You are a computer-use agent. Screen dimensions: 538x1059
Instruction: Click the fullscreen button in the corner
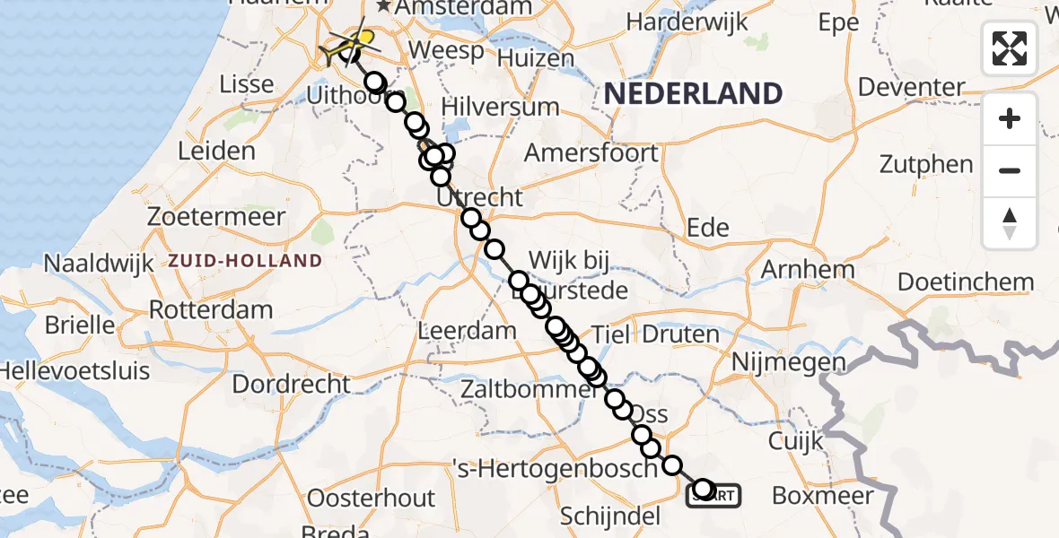1010,48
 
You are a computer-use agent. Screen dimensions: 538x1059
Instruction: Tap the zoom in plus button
1010,118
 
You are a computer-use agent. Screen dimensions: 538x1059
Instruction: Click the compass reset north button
1010,223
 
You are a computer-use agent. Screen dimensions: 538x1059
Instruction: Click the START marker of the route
715,494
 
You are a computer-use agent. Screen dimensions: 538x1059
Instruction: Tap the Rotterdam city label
211,311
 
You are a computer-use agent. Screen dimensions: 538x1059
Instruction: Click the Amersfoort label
591,153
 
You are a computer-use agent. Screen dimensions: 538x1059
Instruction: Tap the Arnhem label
808,269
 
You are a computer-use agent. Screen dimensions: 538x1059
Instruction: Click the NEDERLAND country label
693,93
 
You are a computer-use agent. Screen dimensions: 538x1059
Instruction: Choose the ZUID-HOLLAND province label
245,261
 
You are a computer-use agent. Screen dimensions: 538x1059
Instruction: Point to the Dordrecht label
291,384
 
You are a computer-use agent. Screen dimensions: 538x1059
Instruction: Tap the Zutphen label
926,165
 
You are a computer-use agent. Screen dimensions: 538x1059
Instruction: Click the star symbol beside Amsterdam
384,7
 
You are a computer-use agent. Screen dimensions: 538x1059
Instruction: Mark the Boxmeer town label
823,496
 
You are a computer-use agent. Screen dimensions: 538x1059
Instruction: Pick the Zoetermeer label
217,217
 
